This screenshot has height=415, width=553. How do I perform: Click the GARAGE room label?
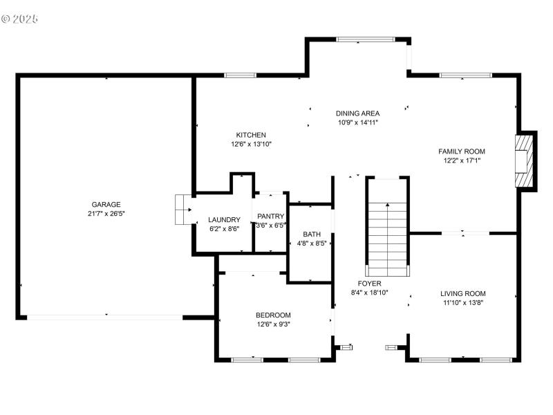click(106, 204)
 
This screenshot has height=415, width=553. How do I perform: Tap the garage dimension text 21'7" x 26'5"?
click(106, 214)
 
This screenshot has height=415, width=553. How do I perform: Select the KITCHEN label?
click(251, 135)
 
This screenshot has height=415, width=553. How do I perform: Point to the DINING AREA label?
click(357, 113)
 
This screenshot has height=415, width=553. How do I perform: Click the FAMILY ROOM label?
click(462, 151)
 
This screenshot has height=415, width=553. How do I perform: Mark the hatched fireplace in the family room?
click(525, 160)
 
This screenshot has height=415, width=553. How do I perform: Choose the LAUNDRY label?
click(225, 219)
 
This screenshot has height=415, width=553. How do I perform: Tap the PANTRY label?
click(270, 216)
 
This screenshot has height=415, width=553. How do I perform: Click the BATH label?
click(311, 234)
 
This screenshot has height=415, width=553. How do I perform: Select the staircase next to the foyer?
click(387, 228)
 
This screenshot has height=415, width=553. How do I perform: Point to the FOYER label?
click(369, 284)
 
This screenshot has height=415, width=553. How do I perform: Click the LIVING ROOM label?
click(463, 293)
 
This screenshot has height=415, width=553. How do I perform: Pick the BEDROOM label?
click(273, 315)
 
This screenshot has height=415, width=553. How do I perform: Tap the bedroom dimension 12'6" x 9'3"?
click(273, 324)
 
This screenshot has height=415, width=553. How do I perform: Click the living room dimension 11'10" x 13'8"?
click(463, 303)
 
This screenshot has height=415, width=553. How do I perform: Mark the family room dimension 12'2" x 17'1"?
click(462, 160)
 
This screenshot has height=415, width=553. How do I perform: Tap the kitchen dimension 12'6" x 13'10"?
click(251, 145)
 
